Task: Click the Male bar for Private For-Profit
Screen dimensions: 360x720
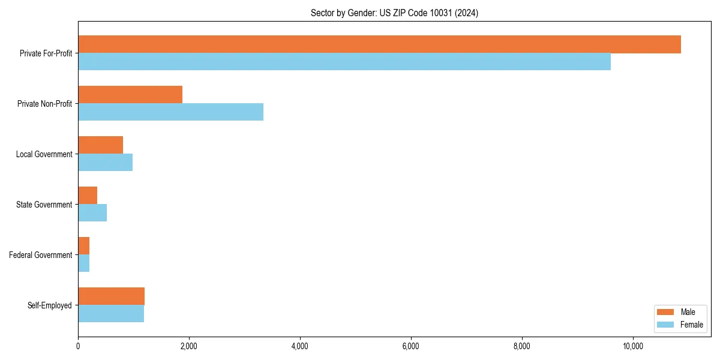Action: coord(379,44)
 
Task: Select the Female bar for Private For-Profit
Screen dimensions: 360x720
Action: coord(344,62)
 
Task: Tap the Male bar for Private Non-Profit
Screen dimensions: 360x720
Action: coord(130,95)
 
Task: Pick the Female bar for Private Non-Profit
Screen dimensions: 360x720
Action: coord(170,112)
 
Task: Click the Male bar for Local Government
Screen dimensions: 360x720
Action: coord(100,145)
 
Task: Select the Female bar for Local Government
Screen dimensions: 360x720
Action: coord(105,163)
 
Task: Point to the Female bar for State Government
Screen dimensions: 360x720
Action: coord(92,213)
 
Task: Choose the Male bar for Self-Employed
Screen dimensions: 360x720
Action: coord(111,296)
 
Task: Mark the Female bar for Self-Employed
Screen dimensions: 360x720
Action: coord(111,314)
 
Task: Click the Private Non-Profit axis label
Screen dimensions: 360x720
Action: coord(44,104)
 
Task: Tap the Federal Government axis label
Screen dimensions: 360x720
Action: coord(41,255)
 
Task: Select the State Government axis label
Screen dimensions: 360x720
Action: coord(44,205)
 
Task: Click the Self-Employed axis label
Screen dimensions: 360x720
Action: coord(49,305)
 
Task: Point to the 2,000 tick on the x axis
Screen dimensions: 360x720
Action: coord(188,346)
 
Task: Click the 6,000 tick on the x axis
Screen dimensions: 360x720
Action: coord(410,346)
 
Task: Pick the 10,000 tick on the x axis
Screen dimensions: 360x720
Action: coord(632,346)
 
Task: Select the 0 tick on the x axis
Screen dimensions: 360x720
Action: coord(78,346)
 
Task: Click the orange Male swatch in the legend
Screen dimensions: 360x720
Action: coord(666,312)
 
